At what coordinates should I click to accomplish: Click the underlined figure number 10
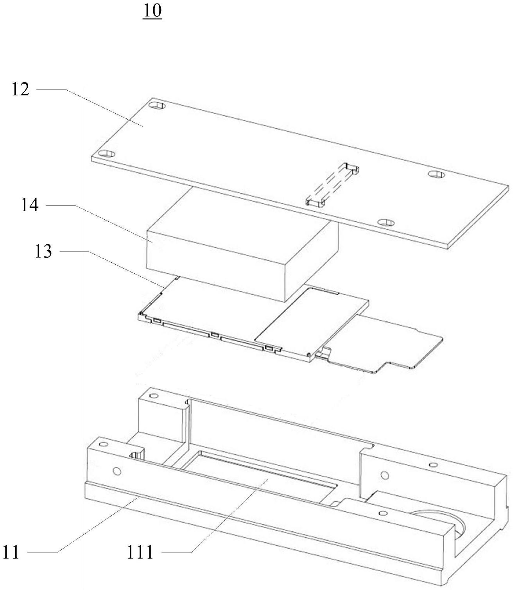coord(152,12)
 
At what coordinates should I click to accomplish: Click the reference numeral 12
coord(20,89)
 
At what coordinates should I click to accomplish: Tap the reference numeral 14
coord(30,205)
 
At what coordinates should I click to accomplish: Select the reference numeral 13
coord(43,251)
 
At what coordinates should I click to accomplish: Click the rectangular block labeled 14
coord(242,244)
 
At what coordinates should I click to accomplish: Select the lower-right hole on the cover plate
coord(386,222)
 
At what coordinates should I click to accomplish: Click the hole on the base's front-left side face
coord(117,471)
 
